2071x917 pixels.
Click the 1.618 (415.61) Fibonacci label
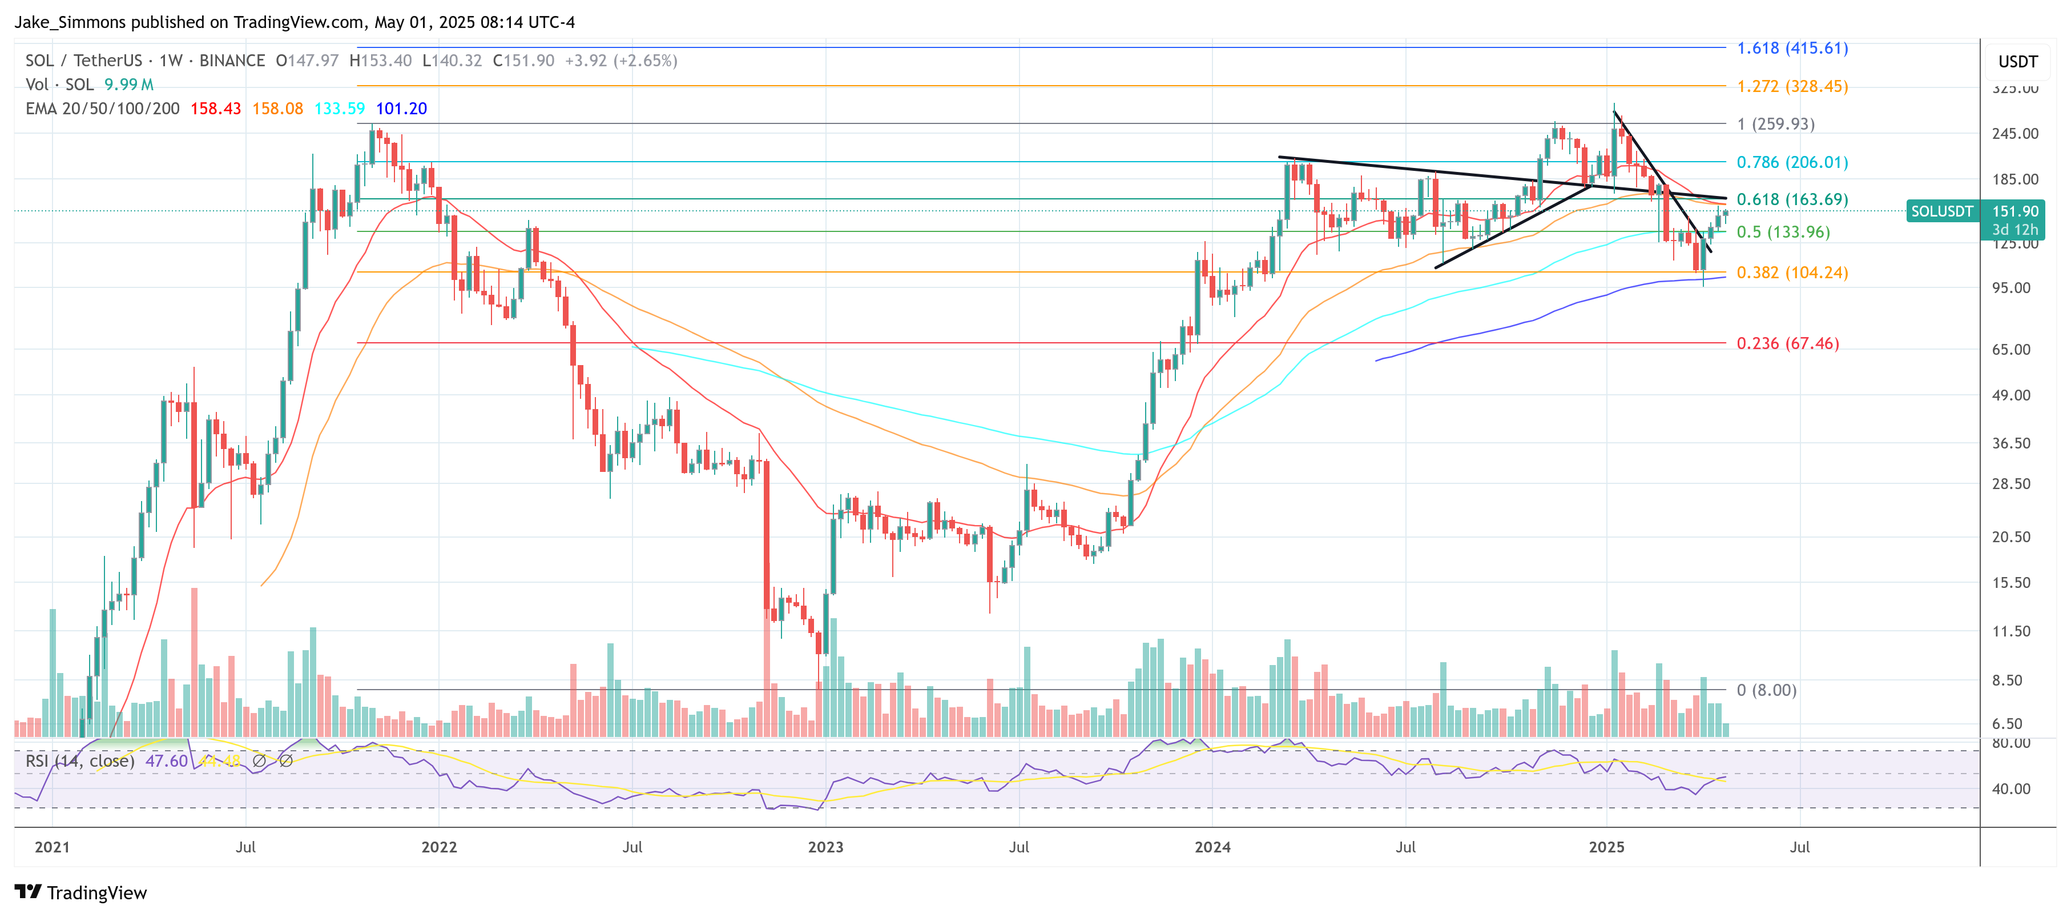1792,48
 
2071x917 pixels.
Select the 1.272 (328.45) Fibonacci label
1792,86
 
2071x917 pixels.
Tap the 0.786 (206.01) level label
1792,162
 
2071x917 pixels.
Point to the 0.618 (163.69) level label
1792,199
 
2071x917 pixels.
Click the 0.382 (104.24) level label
1792,273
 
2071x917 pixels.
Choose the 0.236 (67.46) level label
1787,343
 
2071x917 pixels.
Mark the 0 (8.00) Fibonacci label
1766,690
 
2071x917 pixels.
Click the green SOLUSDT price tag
1941,211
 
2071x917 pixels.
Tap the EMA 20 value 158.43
215,109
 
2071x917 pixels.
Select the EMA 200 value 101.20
401,109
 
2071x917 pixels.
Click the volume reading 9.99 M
128,85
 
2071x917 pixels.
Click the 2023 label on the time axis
825,847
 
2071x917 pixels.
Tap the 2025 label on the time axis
1606,847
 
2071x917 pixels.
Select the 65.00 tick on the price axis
2010,350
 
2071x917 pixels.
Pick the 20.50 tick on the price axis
2010,537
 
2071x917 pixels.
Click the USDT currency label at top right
2017,62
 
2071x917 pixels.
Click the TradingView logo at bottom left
81,893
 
